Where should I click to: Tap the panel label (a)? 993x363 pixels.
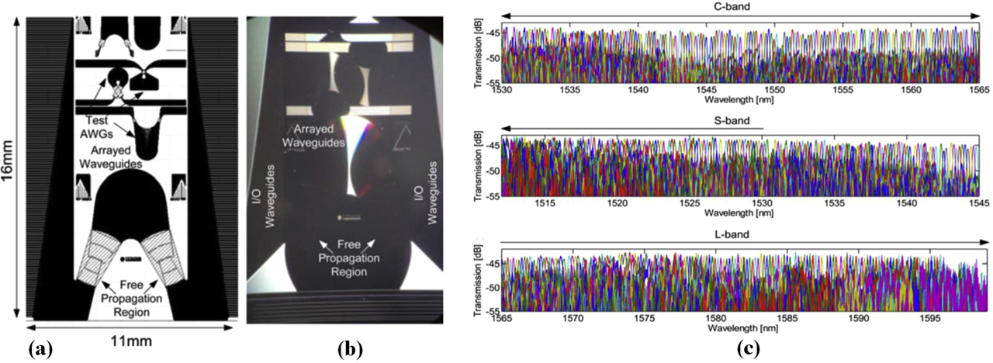point(40,350)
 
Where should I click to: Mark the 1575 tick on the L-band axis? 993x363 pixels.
point(645,317)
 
